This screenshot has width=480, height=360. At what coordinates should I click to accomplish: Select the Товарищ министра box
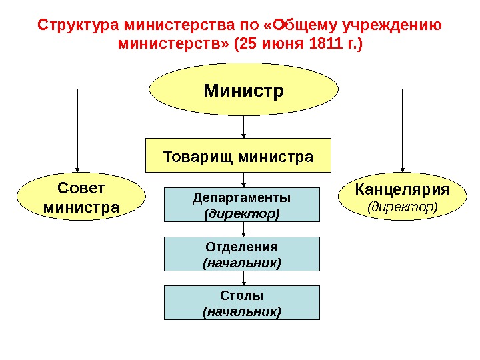pyautogui.click(x=239, y=158)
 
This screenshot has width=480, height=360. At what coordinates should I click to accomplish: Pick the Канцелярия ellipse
pyautogui.click(x=403, y=197)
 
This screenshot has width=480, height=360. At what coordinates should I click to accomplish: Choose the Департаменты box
pyautogui.click(x=242, y=205)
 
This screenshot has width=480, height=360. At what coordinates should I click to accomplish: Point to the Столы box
pyautogui.click(x=242, y=303)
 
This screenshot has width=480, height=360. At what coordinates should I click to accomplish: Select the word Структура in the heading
pyautogui.click(x=76, y=26)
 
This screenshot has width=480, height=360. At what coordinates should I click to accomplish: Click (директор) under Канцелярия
pyautogui.click(x=403, y=207)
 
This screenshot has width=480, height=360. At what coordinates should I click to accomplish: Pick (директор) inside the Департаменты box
pyautogui.click(x=242, y=214)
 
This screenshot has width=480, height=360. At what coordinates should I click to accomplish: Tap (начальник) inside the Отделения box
pyautogui.click(x=242, y=263)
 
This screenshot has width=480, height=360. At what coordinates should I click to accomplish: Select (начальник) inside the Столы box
pyautogui.click(x=242, y=311)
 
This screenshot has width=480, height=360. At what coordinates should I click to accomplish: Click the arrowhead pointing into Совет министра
pyautogui.click(x=79, y=172)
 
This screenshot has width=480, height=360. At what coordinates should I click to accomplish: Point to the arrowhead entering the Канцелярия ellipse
pyautogui.click(x=402, y=172)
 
